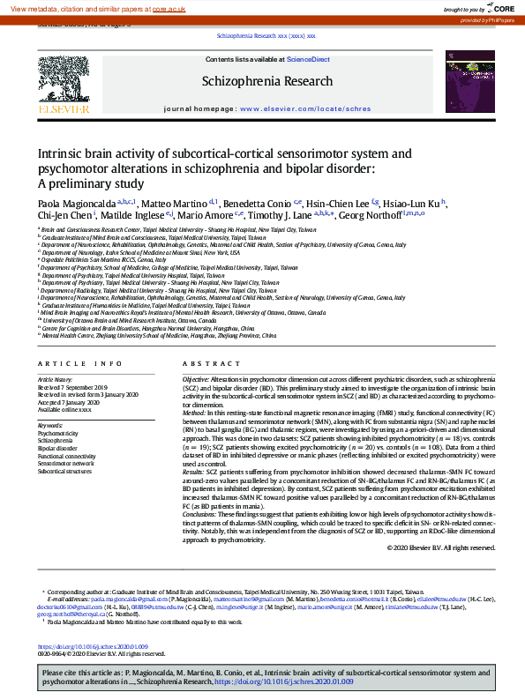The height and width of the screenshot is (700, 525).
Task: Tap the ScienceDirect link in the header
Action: point(309,59)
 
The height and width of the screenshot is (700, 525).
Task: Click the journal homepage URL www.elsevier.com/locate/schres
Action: point(305,108)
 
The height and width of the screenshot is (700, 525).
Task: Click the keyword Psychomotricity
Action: point(58,433)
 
